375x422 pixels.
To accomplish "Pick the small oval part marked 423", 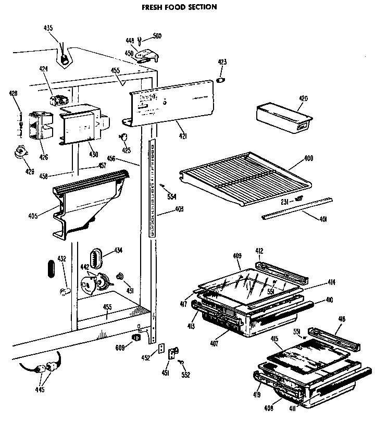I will pos(221,80).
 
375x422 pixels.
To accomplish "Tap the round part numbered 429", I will pos(21,153).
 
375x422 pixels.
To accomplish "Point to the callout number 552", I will pos(185,375).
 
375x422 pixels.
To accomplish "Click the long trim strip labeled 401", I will pos(297,207).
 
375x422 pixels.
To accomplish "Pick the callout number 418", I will pos(342,319).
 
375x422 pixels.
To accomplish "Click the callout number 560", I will pos(157,36).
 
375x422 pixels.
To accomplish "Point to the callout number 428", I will pos(14,94).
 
